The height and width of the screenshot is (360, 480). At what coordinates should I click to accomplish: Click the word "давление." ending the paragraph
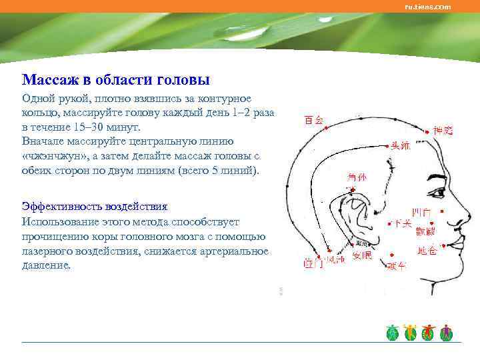(45, 265)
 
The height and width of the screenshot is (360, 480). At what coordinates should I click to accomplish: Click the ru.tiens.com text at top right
(428, 7)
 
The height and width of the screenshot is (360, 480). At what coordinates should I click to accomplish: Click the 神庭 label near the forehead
(443, 131)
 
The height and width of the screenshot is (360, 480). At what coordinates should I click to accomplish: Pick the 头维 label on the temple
(400, 145)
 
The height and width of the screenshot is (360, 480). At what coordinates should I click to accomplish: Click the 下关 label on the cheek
(402, 222)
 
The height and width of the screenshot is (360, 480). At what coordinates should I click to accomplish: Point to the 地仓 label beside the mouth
(427, 251)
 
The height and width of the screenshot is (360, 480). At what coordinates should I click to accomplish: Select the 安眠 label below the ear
(362, 256)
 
